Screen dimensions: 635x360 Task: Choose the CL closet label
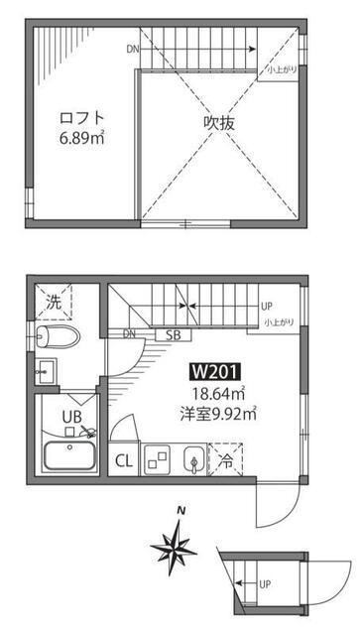[x=125, y=460]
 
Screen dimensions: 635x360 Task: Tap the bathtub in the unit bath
[x=69, y=457]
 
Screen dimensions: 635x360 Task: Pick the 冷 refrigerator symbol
[x=227, y=459]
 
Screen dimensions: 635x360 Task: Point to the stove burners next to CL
[x=158, y=458]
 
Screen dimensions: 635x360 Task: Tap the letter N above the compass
[x=180, y=513]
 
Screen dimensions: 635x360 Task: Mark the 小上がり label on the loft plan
[x=282, y=69]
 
